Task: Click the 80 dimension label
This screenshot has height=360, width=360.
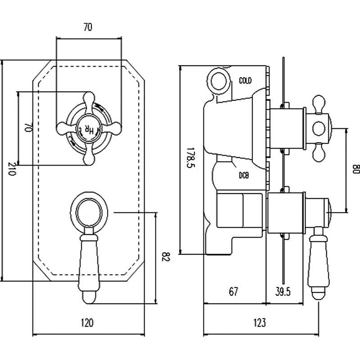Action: [355, 169]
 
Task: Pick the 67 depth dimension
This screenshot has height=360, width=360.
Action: [233, 292]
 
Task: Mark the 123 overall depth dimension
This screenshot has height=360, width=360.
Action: [260, 322]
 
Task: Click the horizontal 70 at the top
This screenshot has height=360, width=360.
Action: [88, 27]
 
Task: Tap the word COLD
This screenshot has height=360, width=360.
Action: [245, 81]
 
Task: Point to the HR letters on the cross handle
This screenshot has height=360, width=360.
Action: [89, 129]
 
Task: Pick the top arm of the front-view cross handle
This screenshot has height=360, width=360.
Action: [88, 100]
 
